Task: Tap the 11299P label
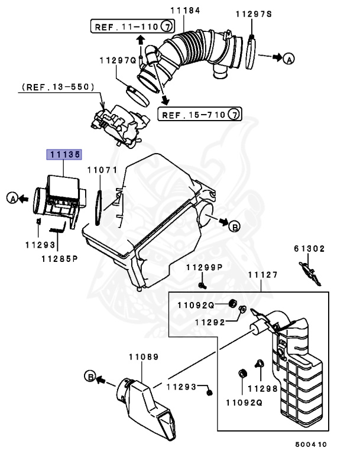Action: (204, 268)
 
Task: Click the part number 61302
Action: (309, 249)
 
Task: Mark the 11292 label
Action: (210, 323)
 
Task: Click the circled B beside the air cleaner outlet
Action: (233, 226)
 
